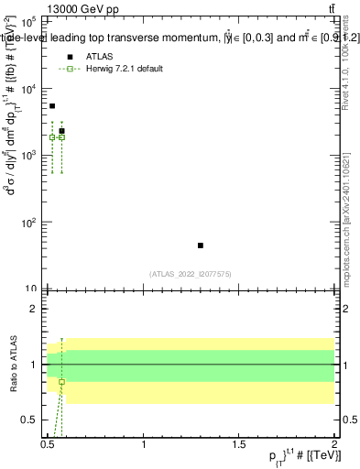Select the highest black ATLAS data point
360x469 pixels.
pyautogui.click(x=52, y=106)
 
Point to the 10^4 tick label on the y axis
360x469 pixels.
pyautogui.click(x=29, y=89)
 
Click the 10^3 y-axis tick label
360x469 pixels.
pyautogui.click(x=29, y=156)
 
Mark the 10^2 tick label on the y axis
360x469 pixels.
pyautogui.click(x=29, y=223)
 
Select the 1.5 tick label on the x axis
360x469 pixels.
pyautogui.click(x=239, y=444)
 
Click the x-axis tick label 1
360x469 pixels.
pyautogui.click(x=144, y=444)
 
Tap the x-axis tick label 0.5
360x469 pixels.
pyautogui.click(x=49, y=444)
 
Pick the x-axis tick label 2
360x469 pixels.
pyautogui.click(x=334, y=444)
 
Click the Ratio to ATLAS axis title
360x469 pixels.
pyautogui.click(x=12, y=364)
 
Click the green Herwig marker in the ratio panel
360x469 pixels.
pyautogui.click(x=61, y=381)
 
